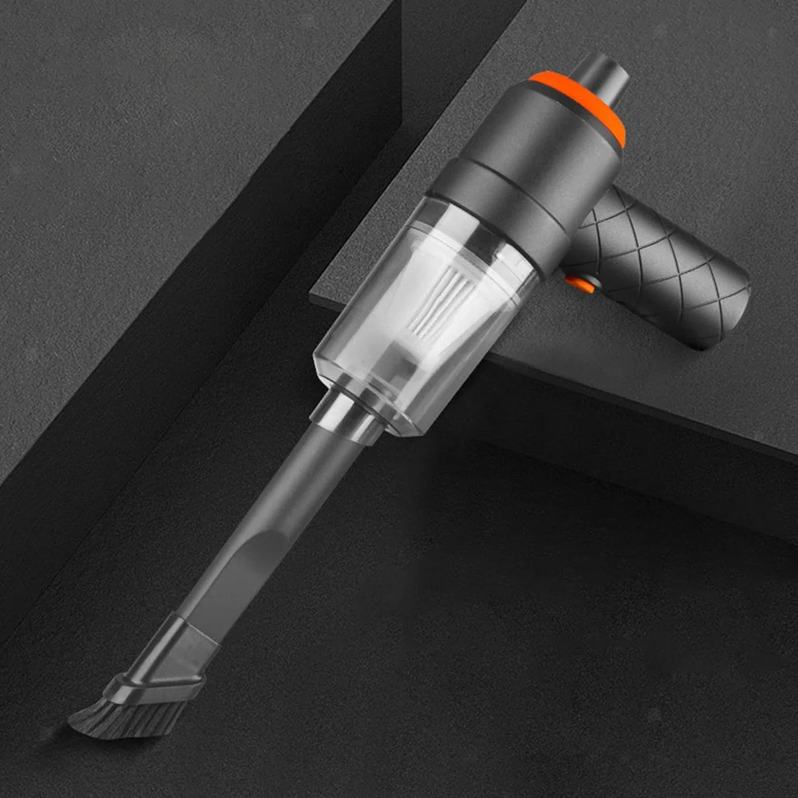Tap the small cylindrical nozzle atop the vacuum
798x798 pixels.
tap(599, 76)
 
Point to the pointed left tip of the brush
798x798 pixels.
tap(73, 725)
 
